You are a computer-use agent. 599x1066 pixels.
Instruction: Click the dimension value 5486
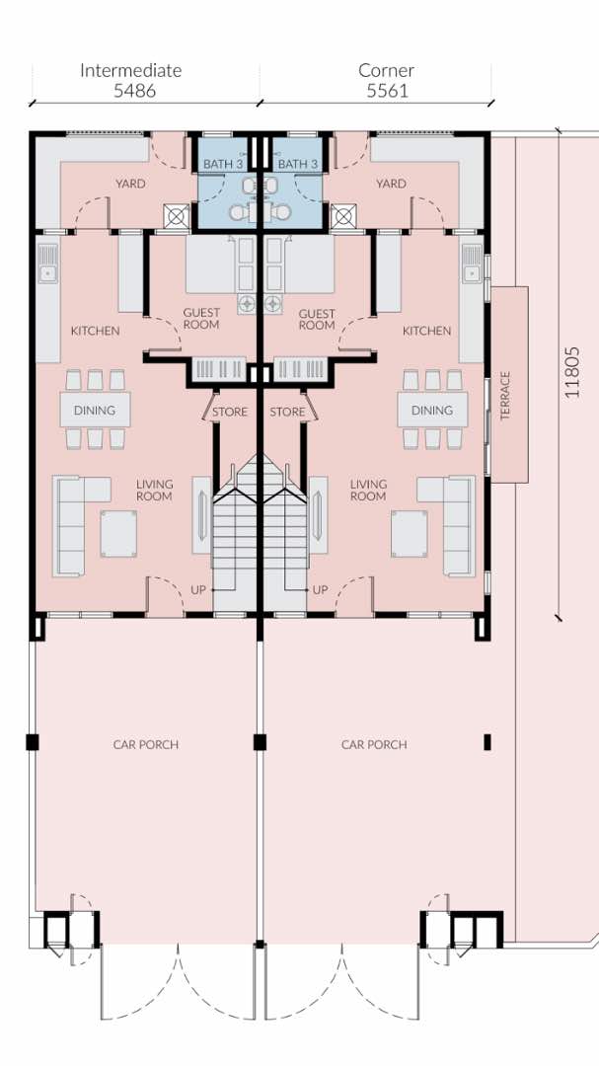click(x=134, y=91)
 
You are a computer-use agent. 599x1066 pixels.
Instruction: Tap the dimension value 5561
click(x=388, y=91)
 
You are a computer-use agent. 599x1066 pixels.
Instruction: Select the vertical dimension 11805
click(x=572, y=372)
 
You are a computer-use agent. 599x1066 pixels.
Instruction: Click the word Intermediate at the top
click(x=131, y=70)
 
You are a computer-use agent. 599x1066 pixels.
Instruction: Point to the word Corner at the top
click(x=386, y=70)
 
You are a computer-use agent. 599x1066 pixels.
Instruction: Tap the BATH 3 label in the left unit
click(x=223, y=164)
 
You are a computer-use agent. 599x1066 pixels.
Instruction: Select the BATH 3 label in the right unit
click(x=298, y=164)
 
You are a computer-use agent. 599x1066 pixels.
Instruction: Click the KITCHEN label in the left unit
click(x=95, y=331)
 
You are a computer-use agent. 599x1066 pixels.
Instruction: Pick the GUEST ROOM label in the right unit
click(x=317, y=320)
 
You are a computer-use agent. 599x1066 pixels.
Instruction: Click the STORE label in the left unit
click(x=230, y=412)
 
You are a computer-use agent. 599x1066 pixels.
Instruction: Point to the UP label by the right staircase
click(x=321, y=589)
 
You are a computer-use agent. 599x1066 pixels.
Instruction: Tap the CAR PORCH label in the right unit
click(x=374, y=745)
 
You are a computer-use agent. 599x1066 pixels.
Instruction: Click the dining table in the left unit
click(x=95, y=410)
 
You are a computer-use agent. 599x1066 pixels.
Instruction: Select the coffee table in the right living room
click(x=410, y=534)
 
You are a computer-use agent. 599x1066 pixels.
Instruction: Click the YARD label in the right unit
click(x=391, y=184)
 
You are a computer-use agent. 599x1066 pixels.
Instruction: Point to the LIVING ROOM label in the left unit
click(x=154, y=491)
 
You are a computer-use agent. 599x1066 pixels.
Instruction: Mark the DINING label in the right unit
click(x=432, y=411)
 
